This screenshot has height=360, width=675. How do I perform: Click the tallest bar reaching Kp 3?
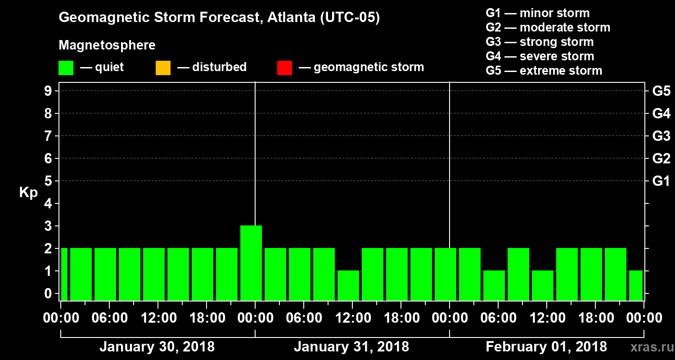(x=251, y=263)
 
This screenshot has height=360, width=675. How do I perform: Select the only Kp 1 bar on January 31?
(x=348, y=285)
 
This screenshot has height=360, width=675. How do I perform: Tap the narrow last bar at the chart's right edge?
(x=636, y=285)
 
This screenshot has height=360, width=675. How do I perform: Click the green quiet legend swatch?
(x=66, y=68)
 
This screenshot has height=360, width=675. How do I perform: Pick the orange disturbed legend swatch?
(x=163, y=68)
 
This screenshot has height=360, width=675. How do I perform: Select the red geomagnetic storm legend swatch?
(x=284, y=68)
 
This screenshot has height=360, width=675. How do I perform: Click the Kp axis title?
(x=28, y=193)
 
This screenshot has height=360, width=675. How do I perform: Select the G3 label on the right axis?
(x=661, y=136)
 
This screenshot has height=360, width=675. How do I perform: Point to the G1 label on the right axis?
(x=661, y=181)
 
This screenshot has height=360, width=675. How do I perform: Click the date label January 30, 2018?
(x=157, y=347)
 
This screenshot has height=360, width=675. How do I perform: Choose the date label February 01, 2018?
(x=546, y=347)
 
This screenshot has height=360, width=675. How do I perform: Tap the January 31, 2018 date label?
(x=351, y=347)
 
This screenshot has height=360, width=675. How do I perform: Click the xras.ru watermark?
(x=648, y=347)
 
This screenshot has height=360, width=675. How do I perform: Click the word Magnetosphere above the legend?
(x=107, y=45)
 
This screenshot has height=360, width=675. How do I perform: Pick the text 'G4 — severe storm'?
(x=540, y=56)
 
